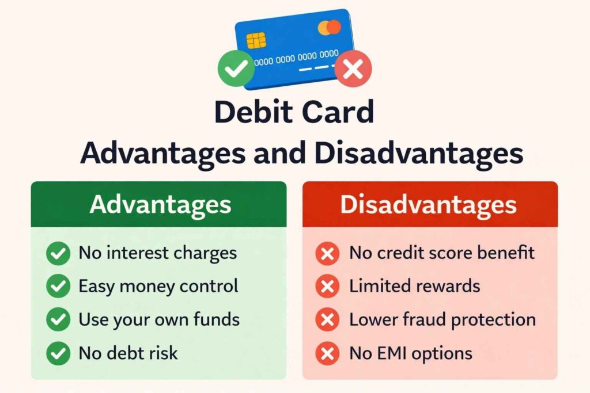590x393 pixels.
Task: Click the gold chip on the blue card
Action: click(x=256, y=40)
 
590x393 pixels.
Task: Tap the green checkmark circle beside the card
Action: click(x=236, y=68)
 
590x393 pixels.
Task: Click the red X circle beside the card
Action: click(x=353, y=70)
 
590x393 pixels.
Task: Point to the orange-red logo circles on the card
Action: click(x=330, y=27)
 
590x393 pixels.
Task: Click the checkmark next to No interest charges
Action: click(x=58, y=253)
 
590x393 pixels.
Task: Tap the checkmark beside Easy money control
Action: click(x=58, y=286)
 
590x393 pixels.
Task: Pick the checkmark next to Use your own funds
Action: click(x=58, y=319)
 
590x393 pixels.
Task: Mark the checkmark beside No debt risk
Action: click(x=58, y=353)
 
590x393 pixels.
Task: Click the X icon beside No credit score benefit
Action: click(x=328, y=253)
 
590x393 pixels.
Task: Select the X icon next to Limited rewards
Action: click(x=328, y=286)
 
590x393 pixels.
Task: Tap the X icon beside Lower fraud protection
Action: click(x=328, y=319)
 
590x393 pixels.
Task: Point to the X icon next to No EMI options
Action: click(x=328, y=353)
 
